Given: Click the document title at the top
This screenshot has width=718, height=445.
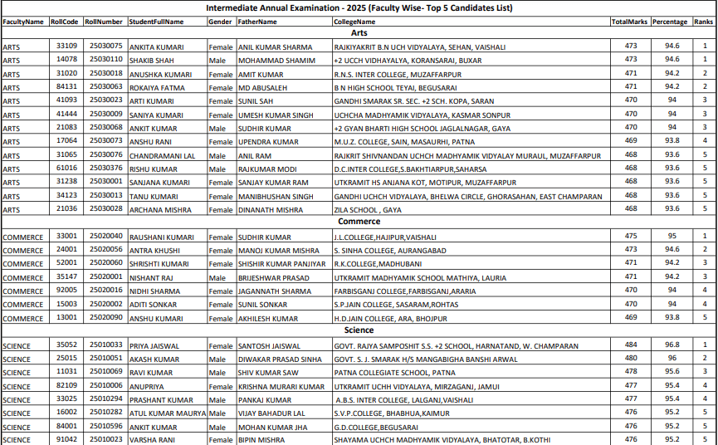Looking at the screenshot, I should (x=359, y=7).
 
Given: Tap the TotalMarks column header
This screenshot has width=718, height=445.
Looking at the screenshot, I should (x=629, y=21).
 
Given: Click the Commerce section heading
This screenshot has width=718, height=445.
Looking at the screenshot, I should (x=359, y=222).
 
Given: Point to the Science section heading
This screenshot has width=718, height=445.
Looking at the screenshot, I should (x=359, y=330).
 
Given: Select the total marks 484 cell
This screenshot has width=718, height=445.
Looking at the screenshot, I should (x=631, y=345).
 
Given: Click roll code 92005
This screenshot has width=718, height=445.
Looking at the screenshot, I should (x=66, y=291).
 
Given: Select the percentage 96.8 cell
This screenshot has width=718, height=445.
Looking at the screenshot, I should (x=672, y=345).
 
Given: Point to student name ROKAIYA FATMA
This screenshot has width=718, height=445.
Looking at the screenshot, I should (x=156, y=87).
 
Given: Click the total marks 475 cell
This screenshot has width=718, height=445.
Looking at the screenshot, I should (x=631, y=236).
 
